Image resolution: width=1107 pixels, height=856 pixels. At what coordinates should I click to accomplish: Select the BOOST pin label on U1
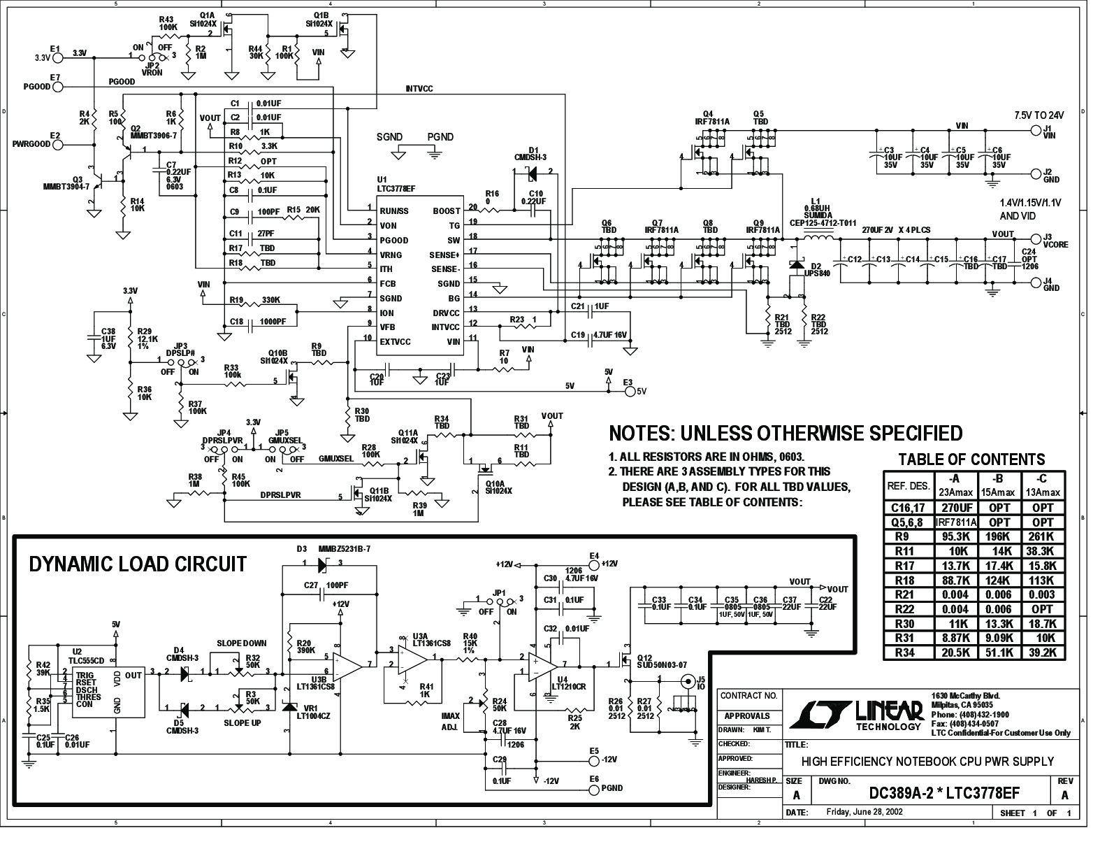tap(447, 211)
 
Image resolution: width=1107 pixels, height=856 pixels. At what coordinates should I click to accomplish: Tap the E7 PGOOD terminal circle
tap(58, 87)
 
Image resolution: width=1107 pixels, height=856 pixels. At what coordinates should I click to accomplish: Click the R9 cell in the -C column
tap(1043, 537)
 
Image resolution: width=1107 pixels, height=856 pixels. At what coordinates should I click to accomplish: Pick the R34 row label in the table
tap(909, 652)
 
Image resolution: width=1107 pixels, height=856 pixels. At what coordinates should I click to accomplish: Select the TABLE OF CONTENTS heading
tap(971, 459)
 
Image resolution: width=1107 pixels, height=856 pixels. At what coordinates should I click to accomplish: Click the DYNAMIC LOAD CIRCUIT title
tap(138, 564)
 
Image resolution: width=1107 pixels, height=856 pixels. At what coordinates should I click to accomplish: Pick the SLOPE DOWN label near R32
tap(241, 643)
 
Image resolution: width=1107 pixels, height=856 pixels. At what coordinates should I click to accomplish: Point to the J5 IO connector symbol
tap(688, 680)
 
